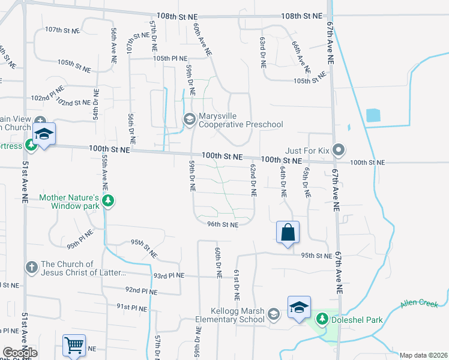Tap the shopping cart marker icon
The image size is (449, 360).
pos(74,346)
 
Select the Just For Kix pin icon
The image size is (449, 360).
pos(339,149)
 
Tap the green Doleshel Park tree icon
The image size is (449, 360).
pos(323,318)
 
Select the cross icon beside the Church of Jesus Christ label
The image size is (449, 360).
pos(32,266)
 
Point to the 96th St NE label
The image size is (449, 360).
pos(223,224)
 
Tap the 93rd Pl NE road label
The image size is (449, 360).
pos(169,276)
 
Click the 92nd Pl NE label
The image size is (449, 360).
pos(141,291)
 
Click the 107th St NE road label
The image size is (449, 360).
pos(62,29)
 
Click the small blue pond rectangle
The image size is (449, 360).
pos(373,116)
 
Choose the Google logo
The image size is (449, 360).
pos(20,353)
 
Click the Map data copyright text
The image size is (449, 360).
pos(423,355)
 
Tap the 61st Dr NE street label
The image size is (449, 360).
pos(237,284)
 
